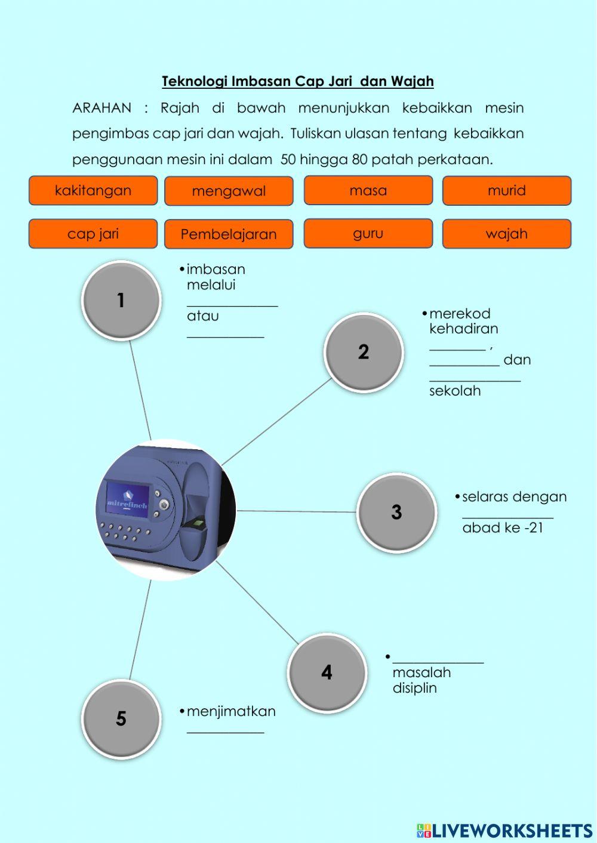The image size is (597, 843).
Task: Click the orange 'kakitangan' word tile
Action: pos(93,191)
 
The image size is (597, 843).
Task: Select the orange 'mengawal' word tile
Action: pos(229,192)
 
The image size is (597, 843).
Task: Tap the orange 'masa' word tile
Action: pos(368,191)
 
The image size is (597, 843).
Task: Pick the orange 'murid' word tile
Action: pos(506,191)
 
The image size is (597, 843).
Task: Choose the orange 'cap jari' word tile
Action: pos(93,234)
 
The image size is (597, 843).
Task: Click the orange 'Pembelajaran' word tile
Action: pos(229,234)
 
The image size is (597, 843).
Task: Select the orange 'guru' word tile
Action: pos(368,234)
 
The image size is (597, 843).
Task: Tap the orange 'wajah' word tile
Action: pos(506,234)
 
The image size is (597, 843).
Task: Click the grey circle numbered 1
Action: pos(121,301)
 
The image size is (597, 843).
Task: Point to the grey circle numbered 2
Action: pos(364,353)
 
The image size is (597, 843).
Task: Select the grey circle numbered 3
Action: pos(396,512)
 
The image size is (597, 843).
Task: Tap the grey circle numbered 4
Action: pos(327,673)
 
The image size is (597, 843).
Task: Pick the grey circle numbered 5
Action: pos(121,719)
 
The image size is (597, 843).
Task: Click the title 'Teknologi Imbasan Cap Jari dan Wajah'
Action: pos(298,81)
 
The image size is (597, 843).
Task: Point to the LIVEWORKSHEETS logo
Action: pos(504,830)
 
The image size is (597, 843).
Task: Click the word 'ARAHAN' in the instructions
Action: pos(101,108)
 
